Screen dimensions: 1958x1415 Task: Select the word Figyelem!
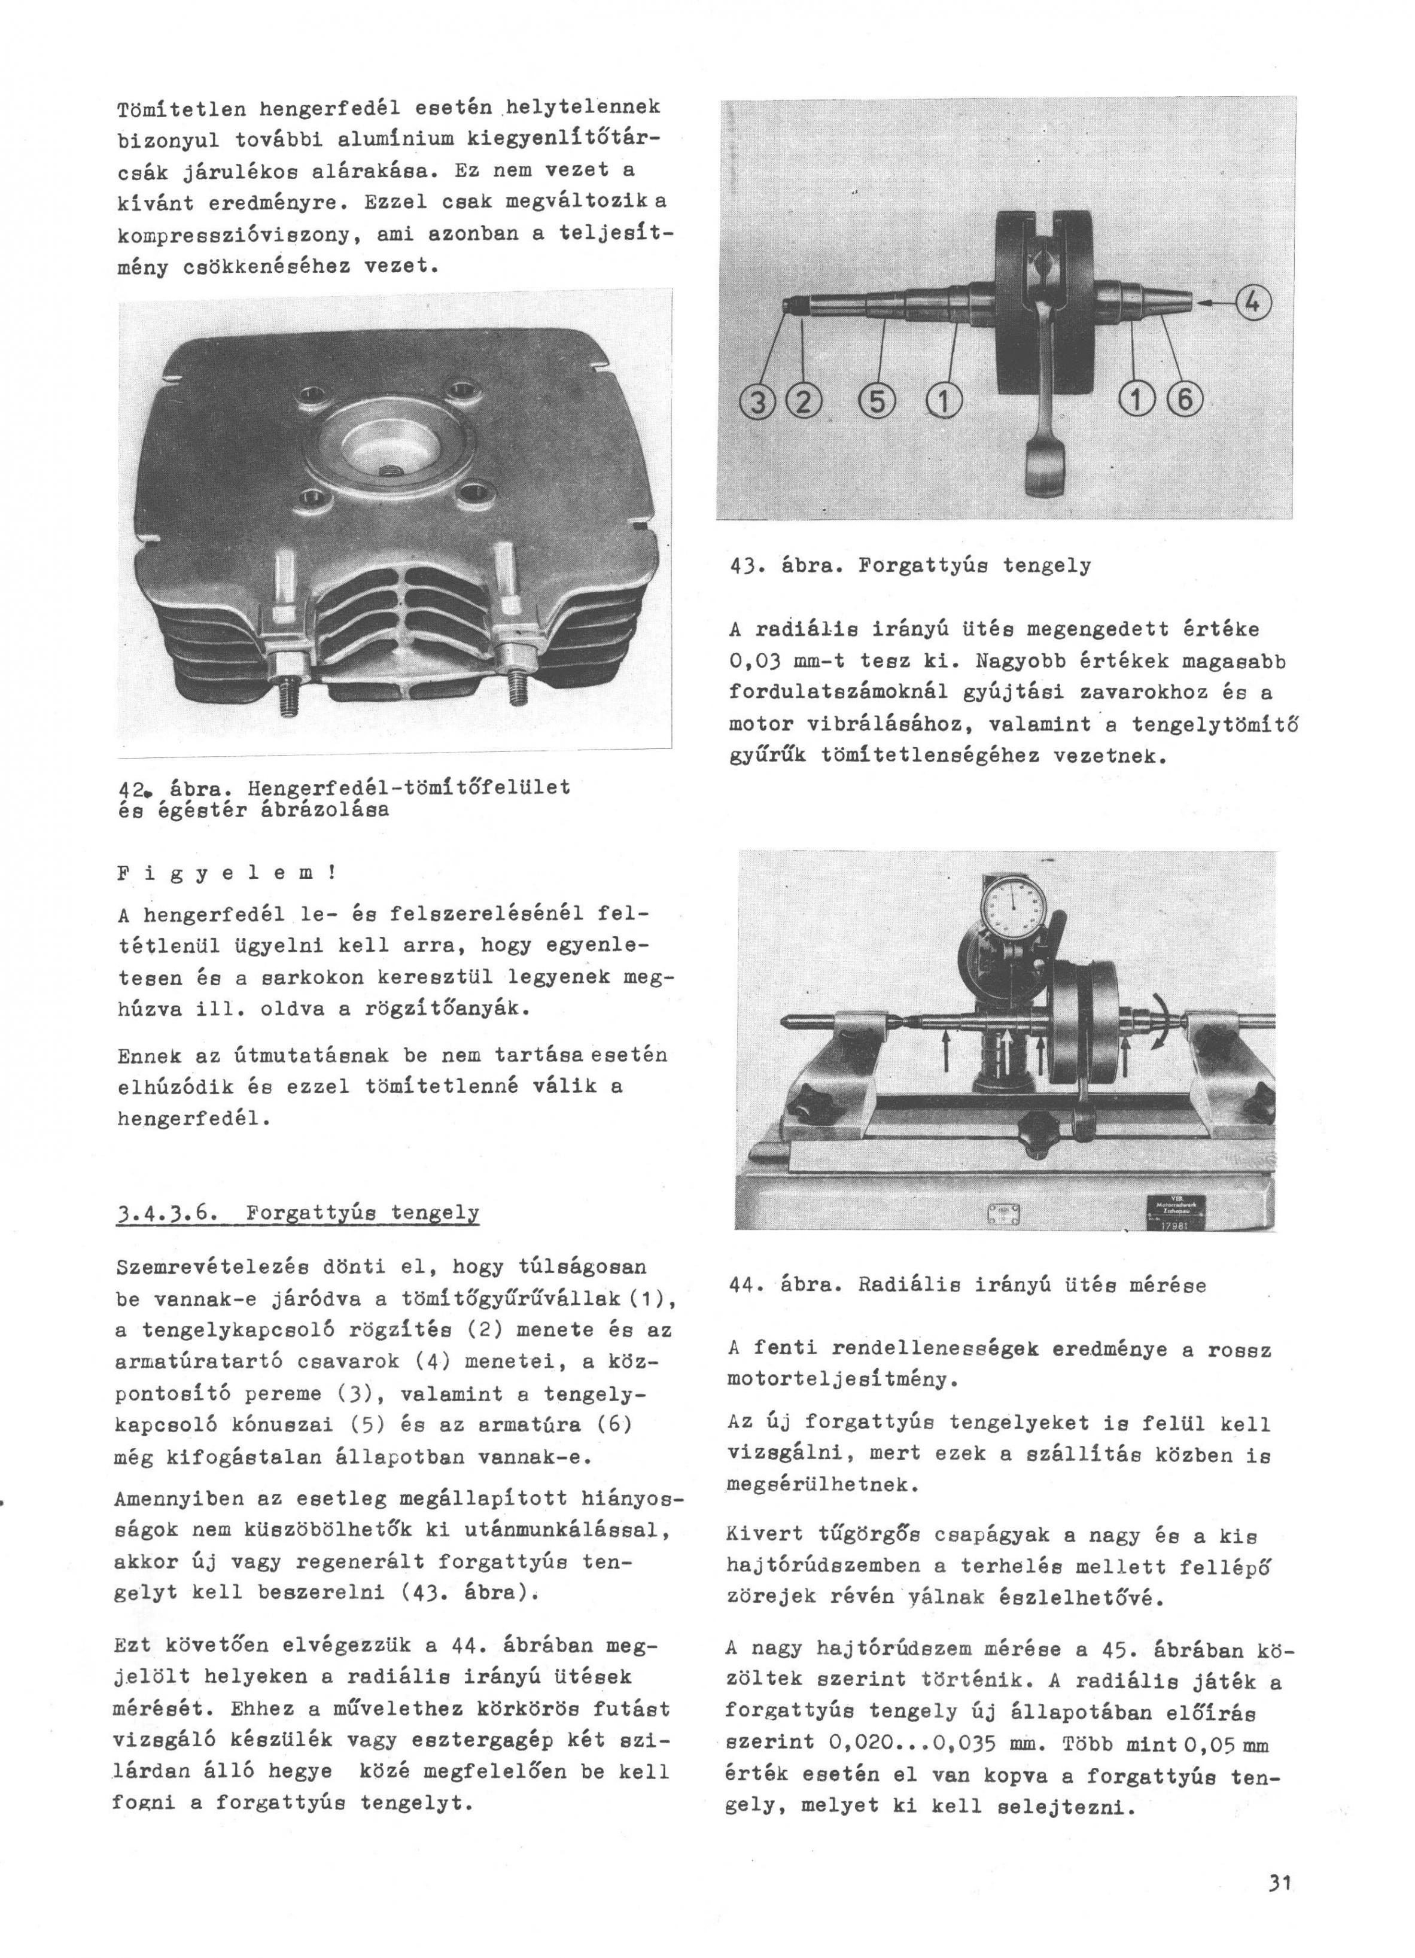click(226, 872)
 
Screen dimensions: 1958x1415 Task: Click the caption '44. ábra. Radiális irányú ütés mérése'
click(967, 1284)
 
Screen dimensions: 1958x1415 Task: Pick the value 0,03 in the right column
click(754, 660)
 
